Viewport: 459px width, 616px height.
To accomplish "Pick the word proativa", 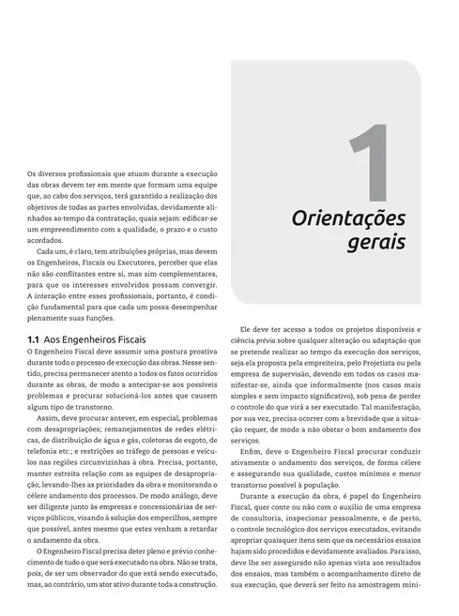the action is (200, 350).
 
